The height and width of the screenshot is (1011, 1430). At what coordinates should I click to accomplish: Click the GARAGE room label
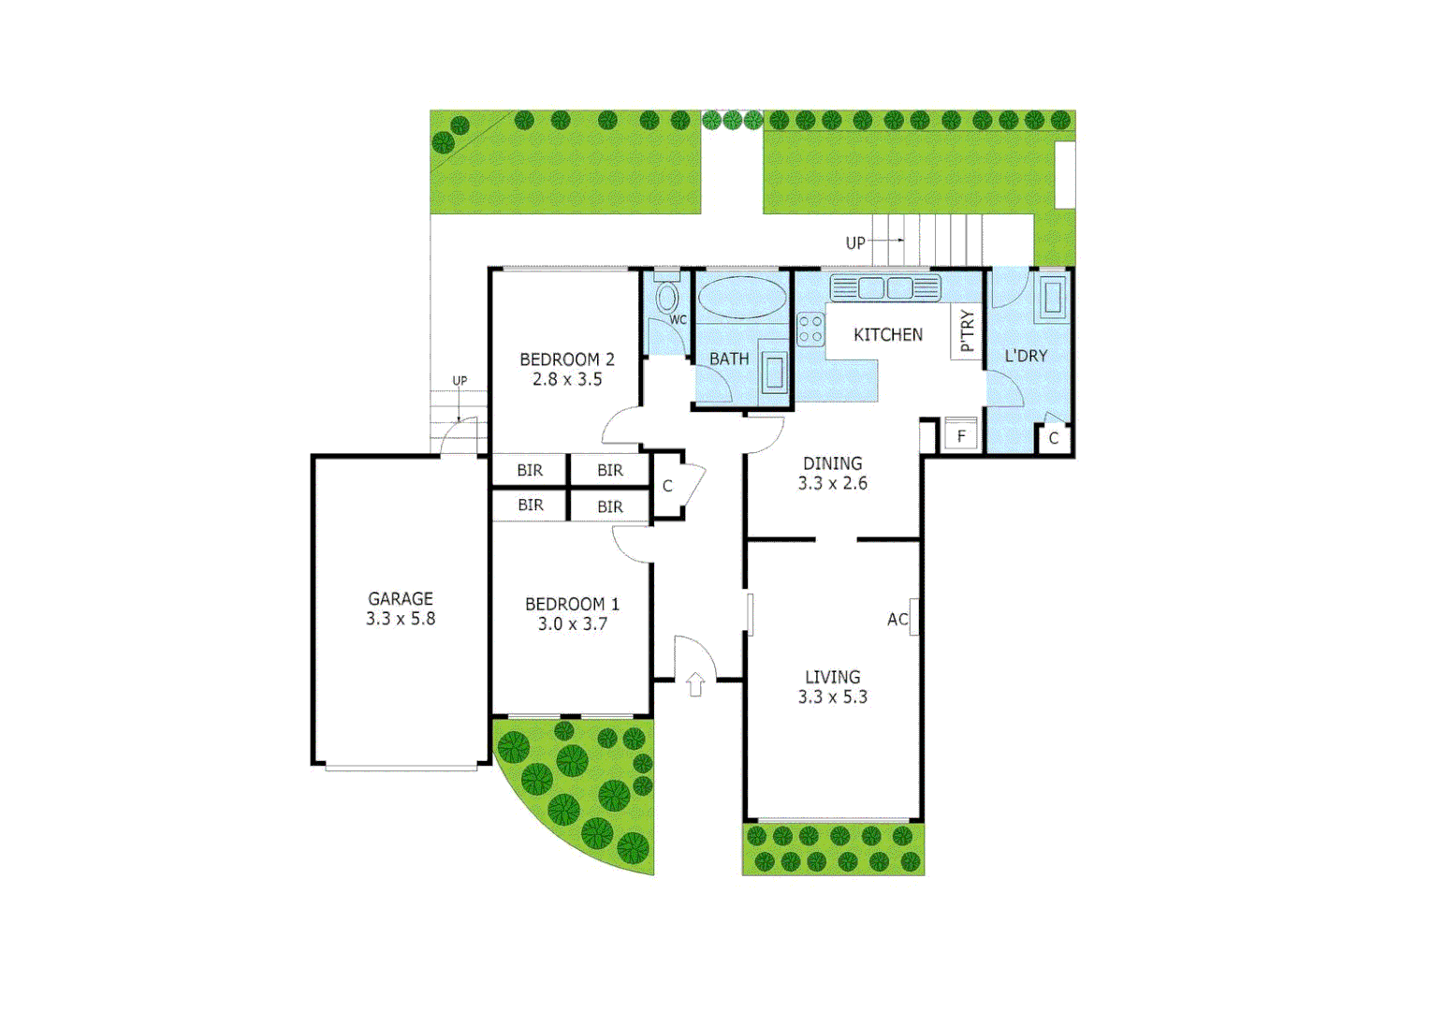click(400, 598)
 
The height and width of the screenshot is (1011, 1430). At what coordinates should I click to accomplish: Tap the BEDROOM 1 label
click(572, 604)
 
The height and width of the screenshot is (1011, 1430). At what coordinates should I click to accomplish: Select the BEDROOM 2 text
click(566, 359)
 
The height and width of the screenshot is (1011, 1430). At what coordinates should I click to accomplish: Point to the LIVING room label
click(832, 677)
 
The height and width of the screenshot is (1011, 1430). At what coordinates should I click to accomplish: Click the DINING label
click(832, 463)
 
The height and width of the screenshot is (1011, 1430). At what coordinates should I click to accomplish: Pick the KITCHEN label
click(887, 334)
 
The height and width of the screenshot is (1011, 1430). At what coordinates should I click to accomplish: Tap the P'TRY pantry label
click(967, 331)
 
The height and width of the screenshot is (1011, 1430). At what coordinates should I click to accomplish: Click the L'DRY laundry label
click(1026, 356)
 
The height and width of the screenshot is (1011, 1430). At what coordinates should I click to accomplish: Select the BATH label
click(728, 359)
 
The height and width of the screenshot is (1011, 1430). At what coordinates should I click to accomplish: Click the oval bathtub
click(742, 298)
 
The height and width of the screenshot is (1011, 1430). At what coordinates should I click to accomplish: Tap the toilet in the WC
click(666, 298)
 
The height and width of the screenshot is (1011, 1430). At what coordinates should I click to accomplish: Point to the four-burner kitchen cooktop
click(810, 330)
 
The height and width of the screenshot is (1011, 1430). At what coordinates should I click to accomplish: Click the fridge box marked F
click(961, 436)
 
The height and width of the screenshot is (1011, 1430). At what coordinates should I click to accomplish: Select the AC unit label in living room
click(897, 619)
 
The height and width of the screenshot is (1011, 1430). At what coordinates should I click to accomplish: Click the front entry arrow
click(695, 684)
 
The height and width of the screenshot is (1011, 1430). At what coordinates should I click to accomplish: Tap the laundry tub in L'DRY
click(1052, 297)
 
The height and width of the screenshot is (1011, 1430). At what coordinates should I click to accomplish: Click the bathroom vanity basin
click(774, 372)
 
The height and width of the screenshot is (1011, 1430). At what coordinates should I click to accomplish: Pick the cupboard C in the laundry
click(1053, 438)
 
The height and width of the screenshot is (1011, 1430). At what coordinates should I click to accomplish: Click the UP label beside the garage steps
click(460, 380)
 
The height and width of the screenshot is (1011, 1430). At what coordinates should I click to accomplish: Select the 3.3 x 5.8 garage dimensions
click(400, 619)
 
